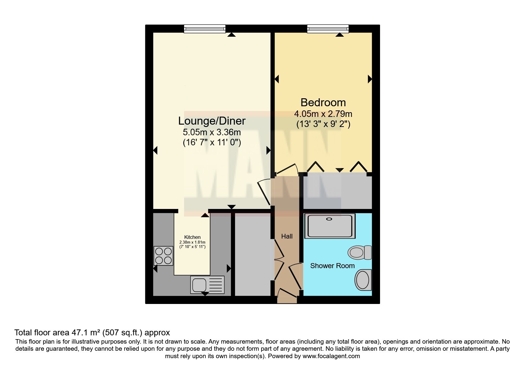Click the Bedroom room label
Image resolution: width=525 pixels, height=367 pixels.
[x=323, y=102]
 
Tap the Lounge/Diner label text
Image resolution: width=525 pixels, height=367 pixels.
[x=212, y=121]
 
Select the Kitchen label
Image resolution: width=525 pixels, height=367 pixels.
[x=192, y=237]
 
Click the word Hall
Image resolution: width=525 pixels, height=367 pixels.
[x=287, y=236]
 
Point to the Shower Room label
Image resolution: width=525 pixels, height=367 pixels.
[x=332, y=266]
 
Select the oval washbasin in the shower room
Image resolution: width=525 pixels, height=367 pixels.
[x=363, y=279]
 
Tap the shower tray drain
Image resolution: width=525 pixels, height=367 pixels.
[x=329, y=219]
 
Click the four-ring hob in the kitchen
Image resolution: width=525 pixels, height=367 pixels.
[x=163, y=256]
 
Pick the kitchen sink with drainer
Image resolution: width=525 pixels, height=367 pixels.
[x=208, y=284]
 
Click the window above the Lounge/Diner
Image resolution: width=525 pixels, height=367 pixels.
[x=205, y=29]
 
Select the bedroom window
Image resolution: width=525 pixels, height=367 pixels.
[x=328, y=29]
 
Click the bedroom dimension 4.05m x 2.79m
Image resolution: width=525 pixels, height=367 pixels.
[x=323, y=114]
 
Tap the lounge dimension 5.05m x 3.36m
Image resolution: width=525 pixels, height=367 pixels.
[x=212, y=132]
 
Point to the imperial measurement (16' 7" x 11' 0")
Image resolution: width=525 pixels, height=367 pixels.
[x=212, y=143]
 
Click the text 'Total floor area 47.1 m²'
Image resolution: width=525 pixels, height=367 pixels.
[x=58, y=332]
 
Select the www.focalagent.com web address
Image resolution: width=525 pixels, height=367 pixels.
[x=331, y=356]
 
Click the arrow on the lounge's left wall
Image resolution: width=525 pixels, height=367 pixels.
[x=155, y=150]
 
